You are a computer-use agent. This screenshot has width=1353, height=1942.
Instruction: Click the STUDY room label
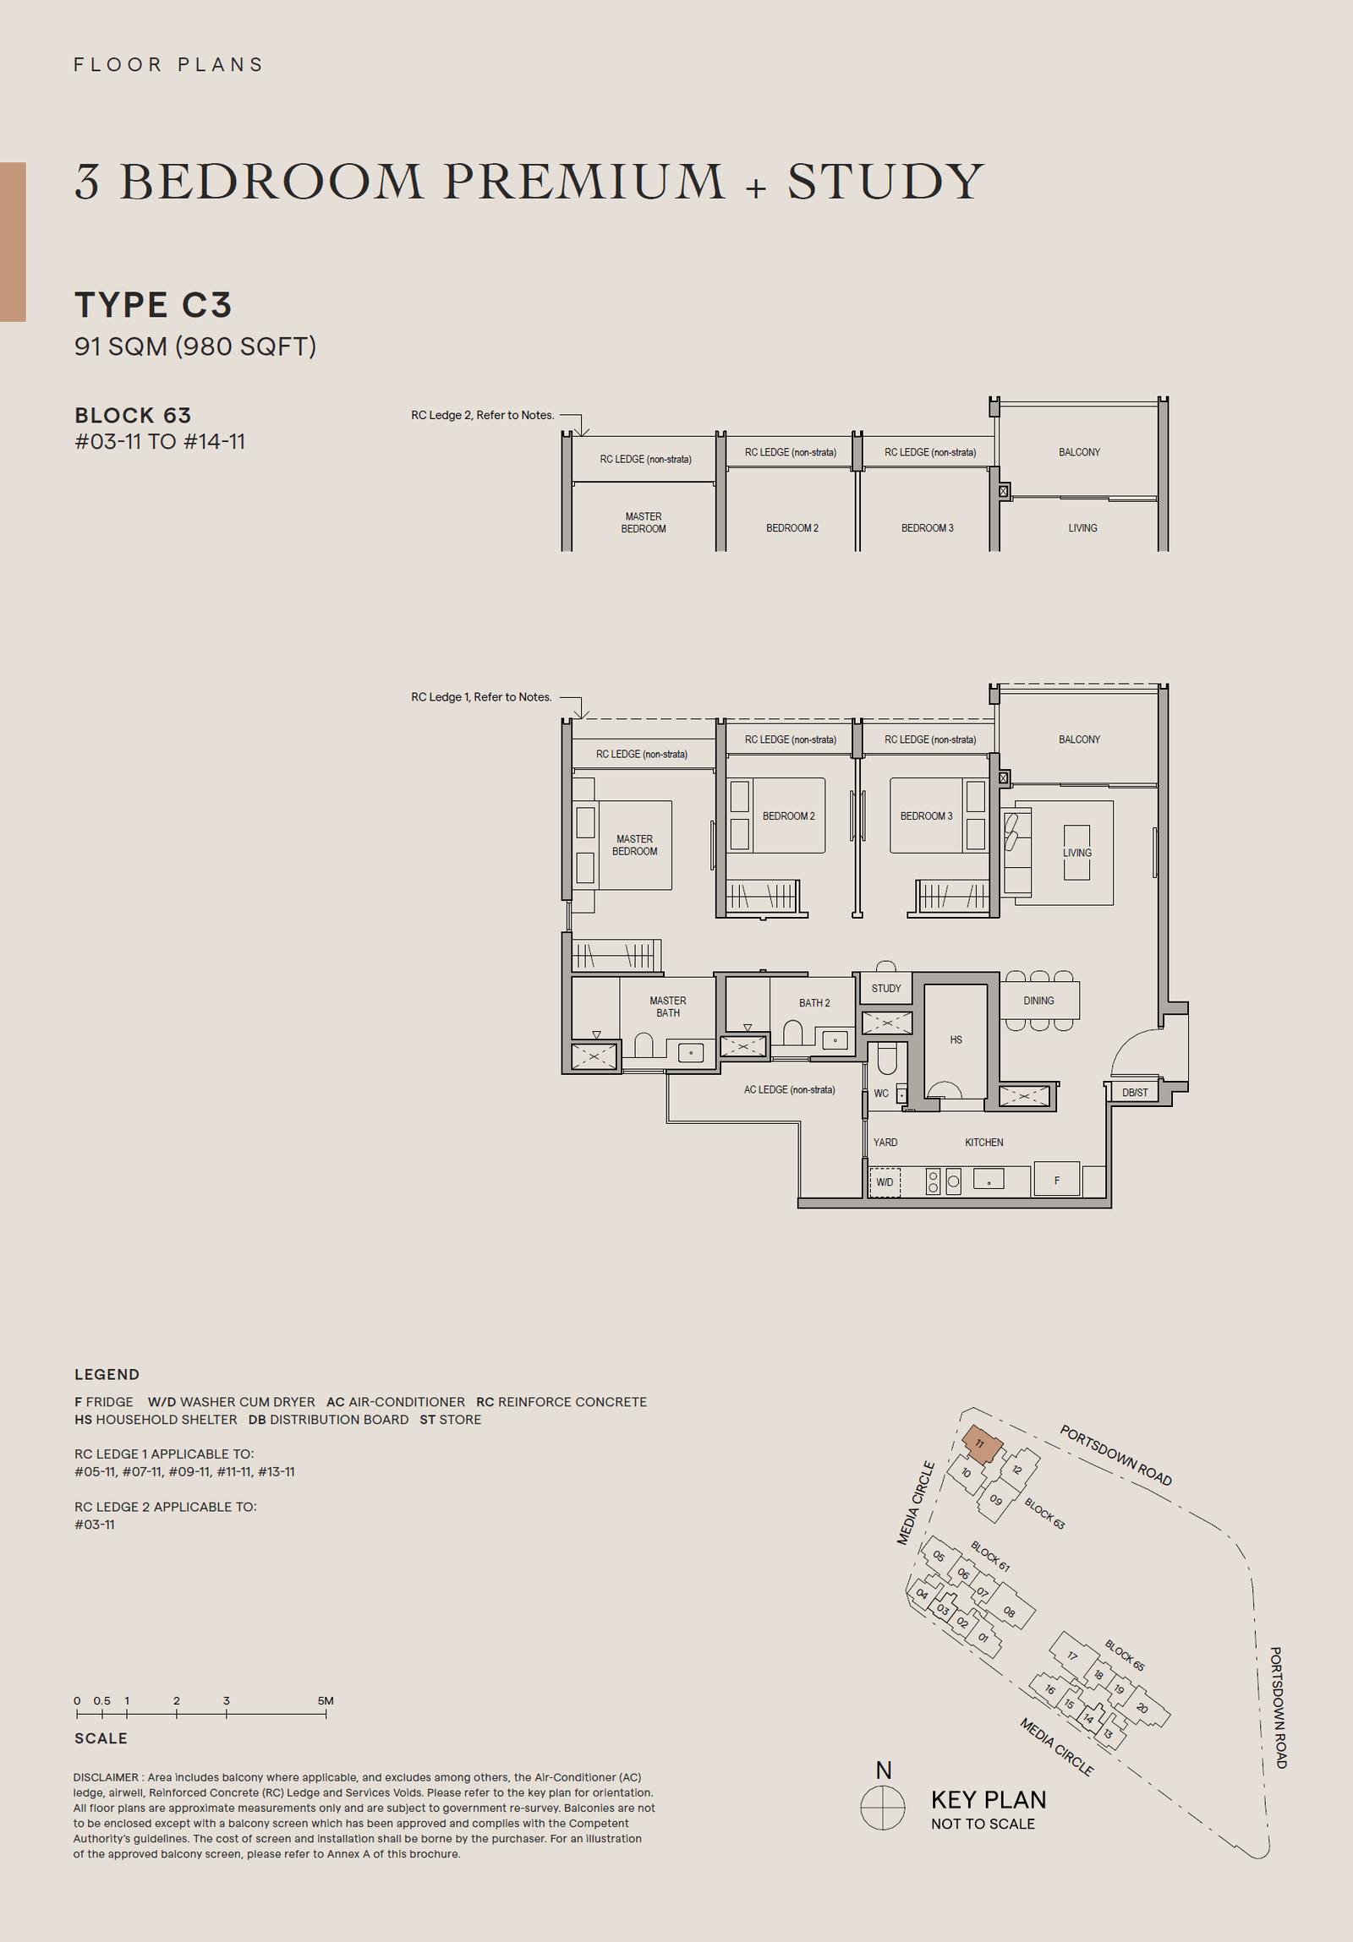(x=886, y=988)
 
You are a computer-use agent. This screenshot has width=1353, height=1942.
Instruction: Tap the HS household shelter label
(x=956, y=1039)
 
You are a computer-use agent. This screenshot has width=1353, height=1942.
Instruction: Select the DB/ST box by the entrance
(x=1135, y=1093)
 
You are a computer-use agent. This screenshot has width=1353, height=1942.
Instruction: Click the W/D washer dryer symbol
(x=885, y=1181)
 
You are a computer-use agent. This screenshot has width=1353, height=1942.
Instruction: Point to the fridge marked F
(x=1056, y=1180)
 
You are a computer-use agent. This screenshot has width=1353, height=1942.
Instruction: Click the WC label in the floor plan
(x=881, y=1094)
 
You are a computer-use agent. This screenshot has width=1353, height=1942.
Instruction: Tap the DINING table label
(x=1038, y=1001)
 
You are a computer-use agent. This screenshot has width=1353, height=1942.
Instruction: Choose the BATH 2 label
(x=814, y=1003)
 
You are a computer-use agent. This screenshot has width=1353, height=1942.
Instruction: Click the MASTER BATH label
(x=667, y=1006)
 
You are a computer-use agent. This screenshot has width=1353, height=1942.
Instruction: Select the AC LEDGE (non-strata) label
(x=789, y=1089)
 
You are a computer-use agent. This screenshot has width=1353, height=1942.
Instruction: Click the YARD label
(x=885, y=1142)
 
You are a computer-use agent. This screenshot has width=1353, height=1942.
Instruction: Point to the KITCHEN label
(x=983, y=1142)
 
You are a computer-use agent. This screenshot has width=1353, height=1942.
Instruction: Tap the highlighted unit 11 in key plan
(x=982, y=1443)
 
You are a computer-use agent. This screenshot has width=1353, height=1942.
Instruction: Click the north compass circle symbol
(x=883, y=1808)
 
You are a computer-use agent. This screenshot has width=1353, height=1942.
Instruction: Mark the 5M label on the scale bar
(x=325, y=1700)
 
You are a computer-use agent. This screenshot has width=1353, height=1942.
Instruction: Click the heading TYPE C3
(x=153, y=304)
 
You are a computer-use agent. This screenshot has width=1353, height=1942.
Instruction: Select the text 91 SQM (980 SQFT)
(x=195, y=346)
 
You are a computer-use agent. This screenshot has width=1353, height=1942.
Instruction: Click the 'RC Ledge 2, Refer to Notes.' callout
(x=482, y=415)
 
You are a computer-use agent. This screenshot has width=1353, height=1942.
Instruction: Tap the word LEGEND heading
(x=107, y=1374)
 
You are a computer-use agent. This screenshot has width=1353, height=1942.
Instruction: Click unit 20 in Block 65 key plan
(x=1142, y=1708)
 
